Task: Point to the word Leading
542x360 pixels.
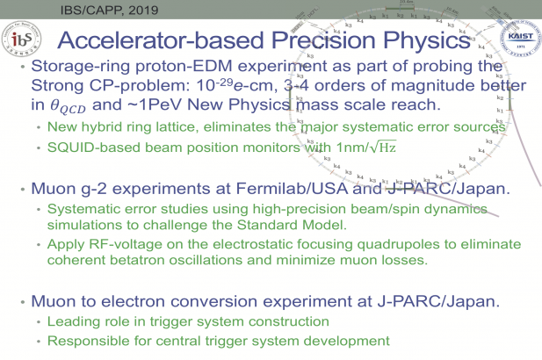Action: pos(72,322)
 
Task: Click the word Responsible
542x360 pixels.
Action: pos(87,340)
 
